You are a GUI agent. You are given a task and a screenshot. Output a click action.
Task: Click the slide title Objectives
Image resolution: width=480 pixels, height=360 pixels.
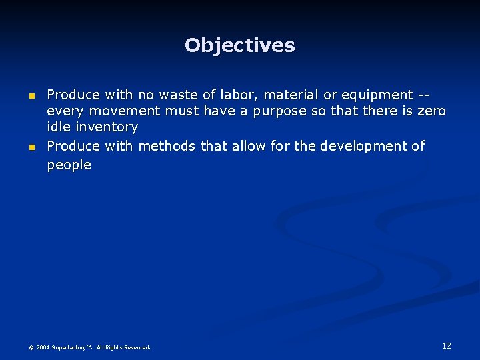tap(239, 45)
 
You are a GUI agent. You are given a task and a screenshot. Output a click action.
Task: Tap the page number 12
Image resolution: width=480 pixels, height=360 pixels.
tap(446, 345)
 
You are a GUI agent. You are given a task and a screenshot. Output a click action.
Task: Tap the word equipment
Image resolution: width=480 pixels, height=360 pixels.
tap(376, 95)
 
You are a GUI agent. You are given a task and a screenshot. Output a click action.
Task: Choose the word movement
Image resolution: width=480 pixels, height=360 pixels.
tap(125, 111)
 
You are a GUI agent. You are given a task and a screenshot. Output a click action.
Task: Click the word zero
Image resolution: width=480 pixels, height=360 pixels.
tap(431, 111)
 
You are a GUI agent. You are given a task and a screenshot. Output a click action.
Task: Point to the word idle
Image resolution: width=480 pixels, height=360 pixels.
tap(59, 127)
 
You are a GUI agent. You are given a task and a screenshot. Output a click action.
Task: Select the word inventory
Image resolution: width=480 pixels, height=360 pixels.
tap(107, 127)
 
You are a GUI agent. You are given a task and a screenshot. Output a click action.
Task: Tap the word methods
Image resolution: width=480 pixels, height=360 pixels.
tap(167, 145)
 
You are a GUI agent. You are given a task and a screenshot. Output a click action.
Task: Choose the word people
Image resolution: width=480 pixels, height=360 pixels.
tap(69, 165)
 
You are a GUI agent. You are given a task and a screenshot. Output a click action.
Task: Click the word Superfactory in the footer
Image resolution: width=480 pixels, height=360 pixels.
tap(72, 347)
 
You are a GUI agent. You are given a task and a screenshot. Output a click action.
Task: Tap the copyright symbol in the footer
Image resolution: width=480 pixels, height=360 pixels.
tap(31, 347)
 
